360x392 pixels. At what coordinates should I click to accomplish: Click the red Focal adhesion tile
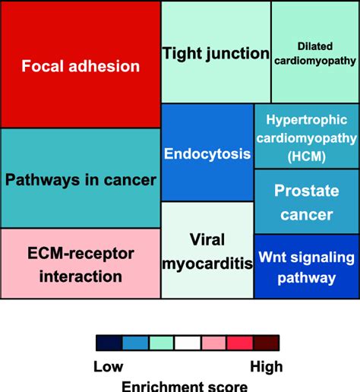[x=81, y=65]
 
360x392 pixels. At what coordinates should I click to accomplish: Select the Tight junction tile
[x=216, y=52]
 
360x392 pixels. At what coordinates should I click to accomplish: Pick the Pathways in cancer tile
[x=81, y=179]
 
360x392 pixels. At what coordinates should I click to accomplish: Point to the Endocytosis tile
[x=207, y=153]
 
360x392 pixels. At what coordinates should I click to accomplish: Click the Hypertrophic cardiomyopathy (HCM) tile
[x=306, y=138]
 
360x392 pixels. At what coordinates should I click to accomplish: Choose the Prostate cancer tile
[x=306, y=201]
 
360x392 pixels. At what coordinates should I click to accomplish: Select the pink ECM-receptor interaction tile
[x=81, y=264]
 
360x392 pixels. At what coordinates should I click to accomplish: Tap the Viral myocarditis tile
[x=207, y=251]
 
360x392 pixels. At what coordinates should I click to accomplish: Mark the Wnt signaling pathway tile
[x=306, y=267]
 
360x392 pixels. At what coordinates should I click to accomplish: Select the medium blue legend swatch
[x=136, y=343]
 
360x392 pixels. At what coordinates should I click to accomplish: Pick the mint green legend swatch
[x=162, y=343]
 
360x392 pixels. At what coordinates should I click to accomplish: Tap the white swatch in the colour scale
[x=188, y=343]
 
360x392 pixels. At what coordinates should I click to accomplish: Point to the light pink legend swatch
[x=213, y=343]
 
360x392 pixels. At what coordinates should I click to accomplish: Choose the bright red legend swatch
[x=239, y=343]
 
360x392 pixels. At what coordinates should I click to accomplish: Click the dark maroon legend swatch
[x=266, y=343]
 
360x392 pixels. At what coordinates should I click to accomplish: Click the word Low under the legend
[x=109, y=367]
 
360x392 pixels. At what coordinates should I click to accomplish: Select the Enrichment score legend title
[x=185, y=385]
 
